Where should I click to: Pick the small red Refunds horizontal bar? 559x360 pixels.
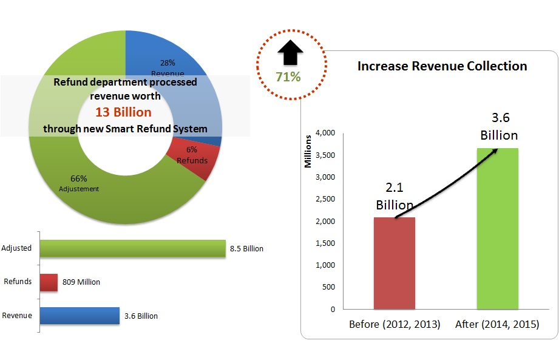49,282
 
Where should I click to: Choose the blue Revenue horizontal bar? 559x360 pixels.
80,316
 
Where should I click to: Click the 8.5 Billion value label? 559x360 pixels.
246,249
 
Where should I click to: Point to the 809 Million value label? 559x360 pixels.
81,282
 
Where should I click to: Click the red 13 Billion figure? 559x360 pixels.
123,112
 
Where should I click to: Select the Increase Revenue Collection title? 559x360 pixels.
442,66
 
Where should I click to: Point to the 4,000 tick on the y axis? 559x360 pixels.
324,133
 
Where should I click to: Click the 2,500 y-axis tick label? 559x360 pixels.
324,199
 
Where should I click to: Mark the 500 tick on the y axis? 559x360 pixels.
328,287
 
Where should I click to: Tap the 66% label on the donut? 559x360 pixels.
79,179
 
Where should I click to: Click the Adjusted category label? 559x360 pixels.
16,248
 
